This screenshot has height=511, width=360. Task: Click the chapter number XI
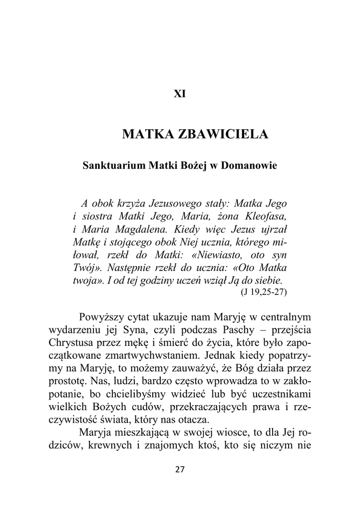(180, 94)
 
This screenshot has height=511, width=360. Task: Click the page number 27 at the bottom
(180, 470)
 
